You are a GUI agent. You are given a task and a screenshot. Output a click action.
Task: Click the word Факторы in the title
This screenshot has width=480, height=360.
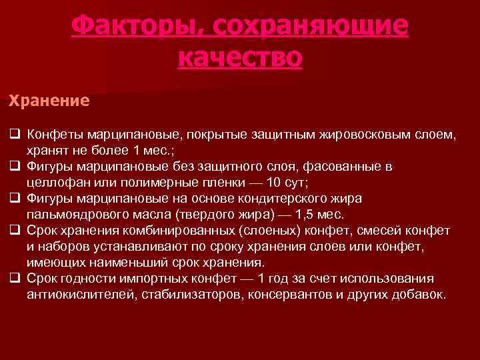(x=127, y=27)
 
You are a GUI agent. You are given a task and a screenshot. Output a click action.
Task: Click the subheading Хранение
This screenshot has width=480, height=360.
(x=49, y=101)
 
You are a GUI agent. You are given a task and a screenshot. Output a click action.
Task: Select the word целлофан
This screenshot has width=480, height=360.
(x=57, y=183)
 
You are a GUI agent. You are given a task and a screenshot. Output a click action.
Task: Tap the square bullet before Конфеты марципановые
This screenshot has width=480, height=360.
(x=13, y=135)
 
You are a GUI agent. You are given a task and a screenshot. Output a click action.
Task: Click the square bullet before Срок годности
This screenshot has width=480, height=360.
(x=13, y=279)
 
